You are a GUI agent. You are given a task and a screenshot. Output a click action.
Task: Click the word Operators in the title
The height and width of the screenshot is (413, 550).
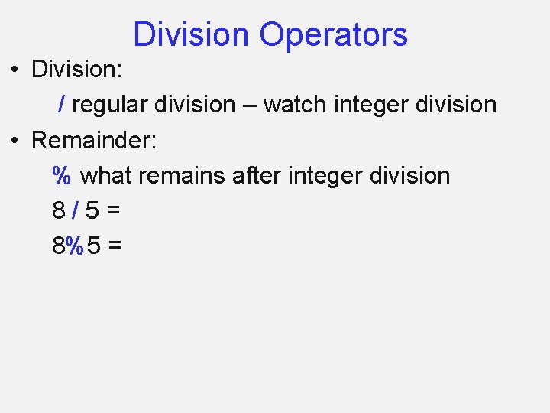click(333, 35)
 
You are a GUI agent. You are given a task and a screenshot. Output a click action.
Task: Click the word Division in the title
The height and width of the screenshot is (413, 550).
click(191, 35)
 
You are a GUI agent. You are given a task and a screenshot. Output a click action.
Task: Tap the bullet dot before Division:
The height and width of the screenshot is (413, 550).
click(15, 70)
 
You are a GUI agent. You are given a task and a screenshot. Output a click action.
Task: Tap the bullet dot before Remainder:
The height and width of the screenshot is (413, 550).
click(15, 141)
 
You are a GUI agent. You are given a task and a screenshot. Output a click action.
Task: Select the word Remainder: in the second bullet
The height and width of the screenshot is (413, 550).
click(94, 141)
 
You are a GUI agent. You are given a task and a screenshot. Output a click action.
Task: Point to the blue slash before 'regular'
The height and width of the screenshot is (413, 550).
click(62, 105)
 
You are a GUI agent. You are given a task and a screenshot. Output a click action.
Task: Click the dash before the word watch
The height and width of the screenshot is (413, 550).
click(249, 106)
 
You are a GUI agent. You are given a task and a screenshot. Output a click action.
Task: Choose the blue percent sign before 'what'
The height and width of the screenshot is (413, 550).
click(62, 176)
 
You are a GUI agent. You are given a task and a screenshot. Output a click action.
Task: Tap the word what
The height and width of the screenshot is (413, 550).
click(106, 176)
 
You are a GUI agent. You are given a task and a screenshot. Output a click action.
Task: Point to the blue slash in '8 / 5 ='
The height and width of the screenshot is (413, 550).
click(77, 211)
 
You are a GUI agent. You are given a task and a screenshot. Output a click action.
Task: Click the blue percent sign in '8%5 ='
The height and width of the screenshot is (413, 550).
click(75, 246)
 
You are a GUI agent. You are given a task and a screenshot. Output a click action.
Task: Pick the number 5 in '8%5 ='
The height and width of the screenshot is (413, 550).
click(93, 246)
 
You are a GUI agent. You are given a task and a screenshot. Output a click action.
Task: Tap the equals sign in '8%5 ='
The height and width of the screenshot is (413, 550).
click(115, 247)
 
